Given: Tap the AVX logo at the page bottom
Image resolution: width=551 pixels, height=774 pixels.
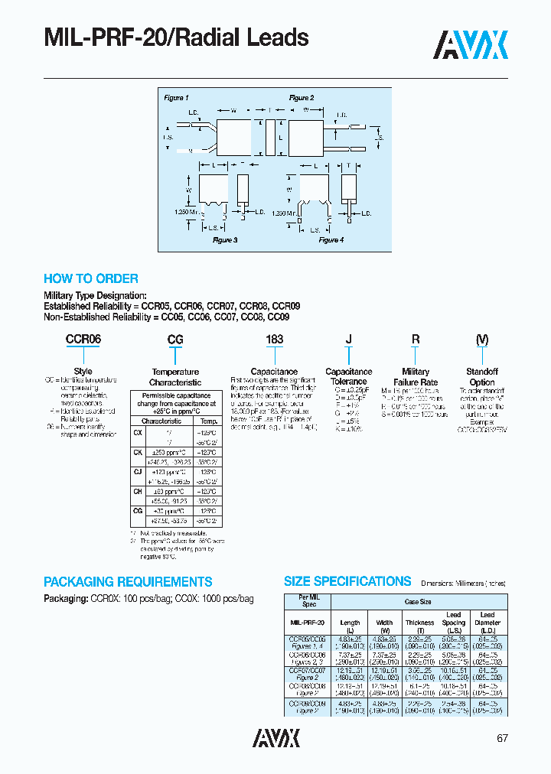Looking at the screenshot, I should point(276,737).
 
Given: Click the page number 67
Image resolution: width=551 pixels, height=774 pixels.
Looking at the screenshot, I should point(501,738).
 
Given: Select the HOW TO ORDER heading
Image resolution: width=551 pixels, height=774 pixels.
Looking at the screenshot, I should point(91,279).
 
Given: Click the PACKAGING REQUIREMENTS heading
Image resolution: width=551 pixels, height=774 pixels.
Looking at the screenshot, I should point(128,582).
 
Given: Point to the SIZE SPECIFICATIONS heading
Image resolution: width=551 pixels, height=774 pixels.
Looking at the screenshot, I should point(347,581).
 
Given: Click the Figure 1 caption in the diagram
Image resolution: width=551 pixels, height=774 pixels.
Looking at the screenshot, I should point(176,98).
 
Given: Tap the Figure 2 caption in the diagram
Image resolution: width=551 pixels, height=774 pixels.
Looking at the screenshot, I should point(301,98).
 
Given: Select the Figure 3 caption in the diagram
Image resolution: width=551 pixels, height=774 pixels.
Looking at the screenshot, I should point(224,240).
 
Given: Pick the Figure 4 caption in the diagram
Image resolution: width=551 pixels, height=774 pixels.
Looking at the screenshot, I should point(330,240).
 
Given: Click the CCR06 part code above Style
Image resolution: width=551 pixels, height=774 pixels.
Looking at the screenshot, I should point(83,339).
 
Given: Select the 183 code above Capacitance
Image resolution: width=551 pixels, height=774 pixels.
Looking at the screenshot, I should point(274,339).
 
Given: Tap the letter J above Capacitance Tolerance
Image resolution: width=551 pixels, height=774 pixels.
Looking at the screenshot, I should point(349,339).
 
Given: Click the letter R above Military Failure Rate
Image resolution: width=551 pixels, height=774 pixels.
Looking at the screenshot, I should point(416,339).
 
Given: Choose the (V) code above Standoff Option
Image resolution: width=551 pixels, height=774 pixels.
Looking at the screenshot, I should point(482,339).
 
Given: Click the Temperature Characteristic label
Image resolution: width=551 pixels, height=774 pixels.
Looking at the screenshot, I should point(175,377).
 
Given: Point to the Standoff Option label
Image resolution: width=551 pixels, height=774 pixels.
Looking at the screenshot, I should point(482,377).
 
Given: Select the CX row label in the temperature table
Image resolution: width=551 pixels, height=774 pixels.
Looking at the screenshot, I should point(138,432).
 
